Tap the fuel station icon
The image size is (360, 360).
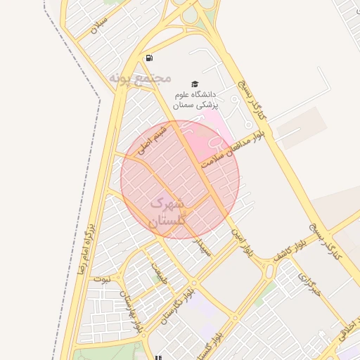pos(149,58)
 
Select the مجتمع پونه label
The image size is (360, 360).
pos(140,77)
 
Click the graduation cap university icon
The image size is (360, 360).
pos(194,83)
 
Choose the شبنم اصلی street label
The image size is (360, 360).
pos(152,140)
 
